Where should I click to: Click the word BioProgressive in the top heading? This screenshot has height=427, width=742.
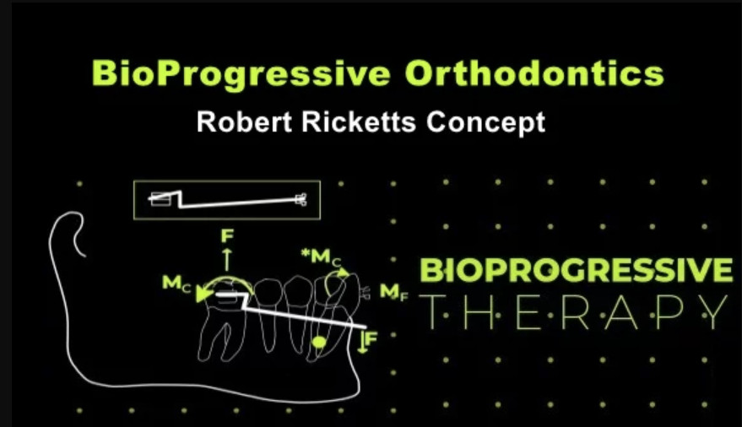[x=241, y=74]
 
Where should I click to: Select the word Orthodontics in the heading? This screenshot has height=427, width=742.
[x=534, y=73]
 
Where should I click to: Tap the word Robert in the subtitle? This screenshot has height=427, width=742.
[x=244, y=122]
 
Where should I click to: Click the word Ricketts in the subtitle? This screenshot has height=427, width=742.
[x=359, y=122]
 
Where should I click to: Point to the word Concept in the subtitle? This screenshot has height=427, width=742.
[x=486, y=122]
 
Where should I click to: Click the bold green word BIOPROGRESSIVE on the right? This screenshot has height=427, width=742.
[x=577, y=270]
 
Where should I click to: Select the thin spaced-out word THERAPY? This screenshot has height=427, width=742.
[x=573, y=312]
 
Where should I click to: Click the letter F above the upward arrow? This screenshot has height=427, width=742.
[x=228, y=235]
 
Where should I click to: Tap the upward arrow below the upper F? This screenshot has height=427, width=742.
[x=227, y=259]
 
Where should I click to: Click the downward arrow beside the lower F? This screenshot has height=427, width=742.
[x=362, y=343]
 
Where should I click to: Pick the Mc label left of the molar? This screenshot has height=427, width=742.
[x=176, y=284]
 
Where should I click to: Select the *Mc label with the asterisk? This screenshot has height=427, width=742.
[x=321, y=257]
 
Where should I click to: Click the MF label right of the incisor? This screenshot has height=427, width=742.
[x=393, y=292]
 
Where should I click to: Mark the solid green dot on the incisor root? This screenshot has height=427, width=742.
[x=319, y=342]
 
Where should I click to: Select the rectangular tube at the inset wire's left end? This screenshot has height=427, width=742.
[x=160, y=199]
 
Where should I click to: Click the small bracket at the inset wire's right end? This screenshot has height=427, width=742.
[x=301, y=199]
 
